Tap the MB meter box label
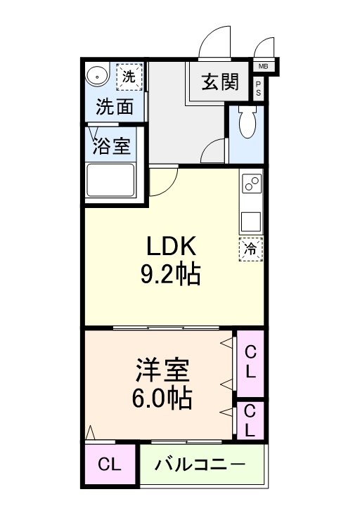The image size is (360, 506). (264, 67)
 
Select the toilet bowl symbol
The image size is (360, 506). (246, 125)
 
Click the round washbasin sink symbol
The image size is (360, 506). (95, 74)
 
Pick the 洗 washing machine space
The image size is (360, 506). (129, 76)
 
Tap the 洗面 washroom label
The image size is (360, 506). (115, 108)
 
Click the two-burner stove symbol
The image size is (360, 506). (251, 185)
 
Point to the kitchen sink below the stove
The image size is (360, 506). (251, 221)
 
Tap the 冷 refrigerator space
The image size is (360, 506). (250, 248)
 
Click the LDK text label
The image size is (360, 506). (174, 246)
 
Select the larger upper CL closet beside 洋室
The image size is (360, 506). (250, 362)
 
